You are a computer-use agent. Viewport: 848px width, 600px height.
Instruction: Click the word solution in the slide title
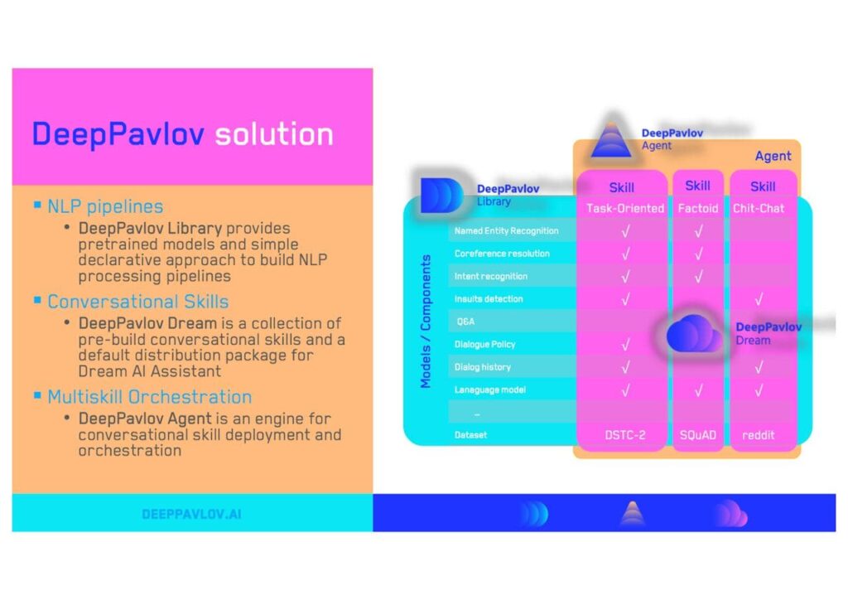(x=273, y=133)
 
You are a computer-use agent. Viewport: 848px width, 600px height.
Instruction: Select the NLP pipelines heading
(x=105, y=206)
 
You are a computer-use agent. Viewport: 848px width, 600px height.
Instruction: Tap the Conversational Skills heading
(x=138, y=302)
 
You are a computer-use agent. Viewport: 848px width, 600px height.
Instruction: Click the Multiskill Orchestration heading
(x=149, y=397)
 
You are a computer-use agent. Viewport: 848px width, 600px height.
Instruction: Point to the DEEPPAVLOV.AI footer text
(x=191, y=514)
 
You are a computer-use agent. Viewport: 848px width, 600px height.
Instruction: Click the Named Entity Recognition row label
(x=506, y=230)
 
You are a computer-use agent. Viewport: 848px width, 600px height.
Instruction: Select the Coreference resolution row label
(x=502, y=254)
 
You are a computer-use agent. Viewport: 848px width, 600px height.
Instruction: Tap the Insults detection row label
(x=489, y=298)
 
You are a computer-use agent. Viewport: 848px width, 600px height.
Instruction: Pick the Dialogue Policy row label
(x=484, y=344)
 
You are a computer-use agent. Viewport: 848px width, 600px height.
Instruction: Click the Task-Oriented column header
(x=625, y=208)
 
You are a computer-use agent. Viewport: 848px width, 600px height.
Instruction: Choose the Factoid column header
(x=698, y=208)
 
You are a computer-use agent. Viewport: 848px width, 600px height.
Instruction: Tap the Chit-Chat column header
(x=759, y=208)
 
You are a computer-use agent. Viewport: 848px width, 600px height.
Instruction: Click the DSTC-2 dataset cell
(x=625, y=435)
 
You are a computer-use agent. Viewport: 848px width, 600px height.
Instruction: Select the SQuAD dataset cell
(x=698, y=435)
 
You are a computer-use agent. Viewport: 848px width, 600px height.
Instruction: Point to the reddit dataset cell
(x=759, y=435)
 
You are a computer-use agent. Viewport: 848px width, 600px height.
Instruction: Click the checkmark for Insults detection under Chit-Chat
(x=759, y=299)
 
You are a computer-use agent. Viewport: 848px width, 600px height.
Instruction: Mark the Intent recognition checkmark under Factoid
(x=699, y=277)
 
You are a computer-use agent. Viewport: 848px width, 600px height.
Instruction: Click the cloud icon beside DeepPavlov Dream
(x=694, y=334)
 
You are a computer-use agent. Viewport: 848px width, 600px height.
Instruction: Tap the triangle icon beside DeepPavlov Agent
(x=611, y=139)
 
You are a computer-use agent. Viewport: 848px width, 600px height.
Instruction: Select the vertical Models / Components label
(x=426, y=322)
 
